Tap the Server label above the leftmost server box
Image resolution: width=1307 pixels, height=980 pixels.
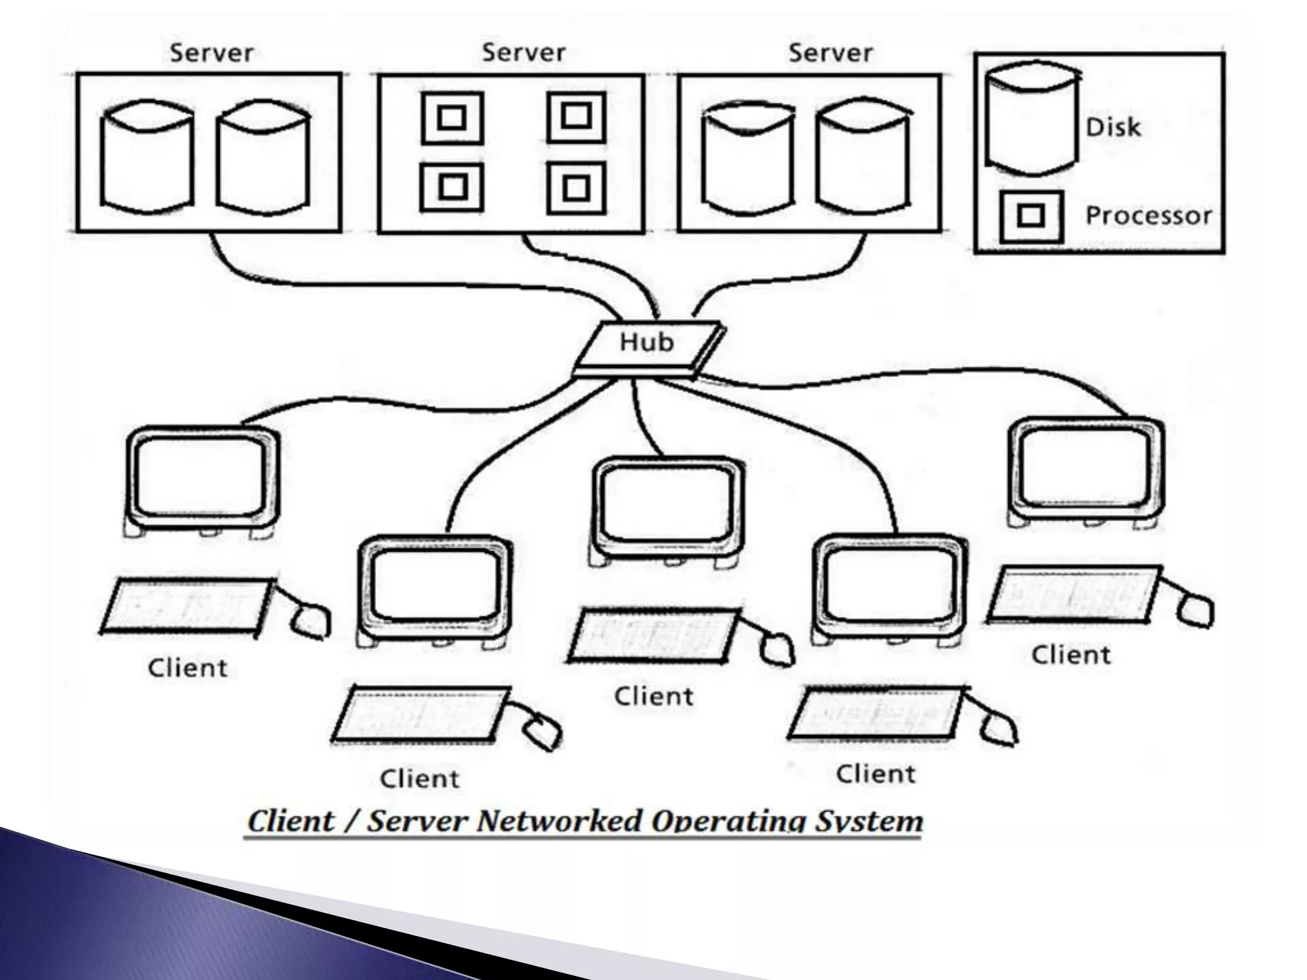pyautogui.click(x=211, y=53)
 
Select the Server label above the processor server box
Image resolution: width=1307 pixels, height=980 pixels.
pyautogui.click(x=523, y=53)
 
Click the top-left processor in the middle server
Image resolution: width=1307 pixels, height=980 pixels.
pyautogui.click(x=452, y=118)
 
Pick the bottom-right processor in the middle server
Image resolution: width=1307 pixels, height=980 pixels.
pyautogui.click(x=576, y=188)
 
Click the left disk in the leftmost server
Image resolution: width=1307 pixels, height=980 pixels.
pyautogui.click(x=147, y=156)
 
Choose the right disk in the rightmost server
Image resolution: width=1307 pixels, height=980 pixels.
pyautogui.click(x=864, y=160)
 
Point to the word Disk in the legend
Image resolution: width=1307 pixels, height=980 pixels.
pyautogui.click(x=1113, y=127)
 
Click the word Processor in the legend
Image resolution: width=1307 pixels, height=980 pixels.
pyautogui.click(x=1148, y=216)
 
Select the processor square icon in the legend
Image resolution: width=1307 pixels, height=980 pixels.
pyautogui.click(x=1031, y=216)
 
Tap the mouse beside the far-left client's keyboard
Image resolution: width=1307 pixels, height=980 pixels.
pyautogui.click(x=311, y=619)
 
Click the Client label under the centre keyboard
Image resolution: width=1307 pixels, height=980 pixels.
pyautogui.click(x=653, y=696)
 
